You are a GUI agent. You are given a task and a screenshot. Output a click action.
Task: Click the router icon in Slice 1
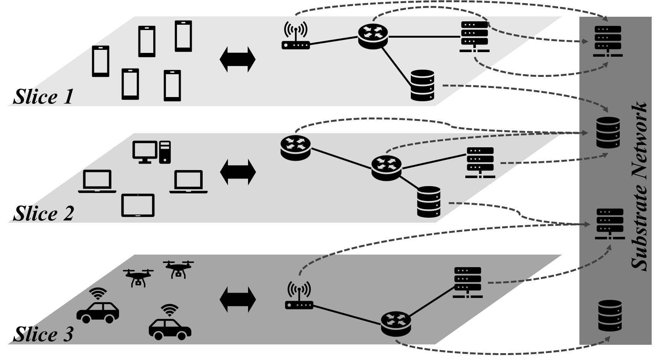click(373, 36)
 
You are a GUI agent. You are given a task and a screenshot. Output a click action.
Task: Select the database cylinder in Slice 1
click(423, 85)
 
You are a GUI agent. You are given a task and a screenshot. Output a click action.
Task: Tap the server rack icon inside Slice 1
click(474, 37)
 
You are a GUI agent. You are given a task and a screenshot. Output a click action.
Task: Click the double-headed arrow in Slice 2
click(238, 172)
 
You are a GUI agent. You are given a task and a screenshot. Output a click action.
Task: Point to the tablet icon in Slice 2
click(138, 205)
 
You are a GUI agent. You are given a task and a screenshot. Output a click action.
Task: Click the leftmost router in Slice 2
click(296, 148)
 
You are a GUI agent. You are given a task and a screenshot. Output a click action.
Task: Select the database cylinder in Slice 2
click(429, 202)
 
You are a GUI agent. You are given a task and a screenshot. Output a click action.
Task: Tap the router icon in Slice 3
click(396, 323)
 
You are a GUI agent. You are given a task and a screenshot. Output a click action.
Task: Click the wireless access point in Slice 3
click(299, 295)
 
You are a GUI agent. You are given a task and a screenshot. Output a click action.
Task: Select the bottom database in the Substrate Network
click(610, 316)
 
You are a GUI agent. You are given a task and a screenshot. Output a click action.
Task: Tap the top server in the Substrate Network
click(608, 41)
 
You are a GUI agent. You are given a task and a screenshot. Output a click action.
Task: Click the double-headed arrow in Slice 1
click(238, 60)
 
